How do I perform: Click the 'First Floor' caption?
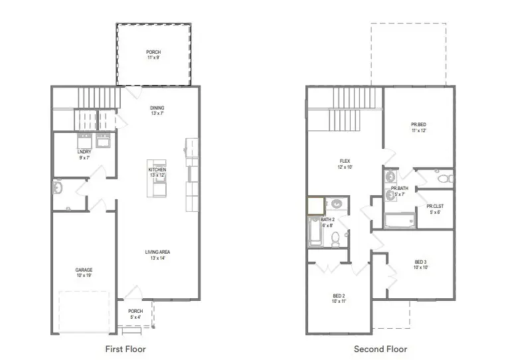[126, 349]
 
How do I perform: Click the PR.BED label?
[418, 128]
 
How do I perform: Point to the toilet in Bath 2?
[337, 237]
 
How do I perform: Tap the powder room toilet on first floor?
[58, 189]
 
